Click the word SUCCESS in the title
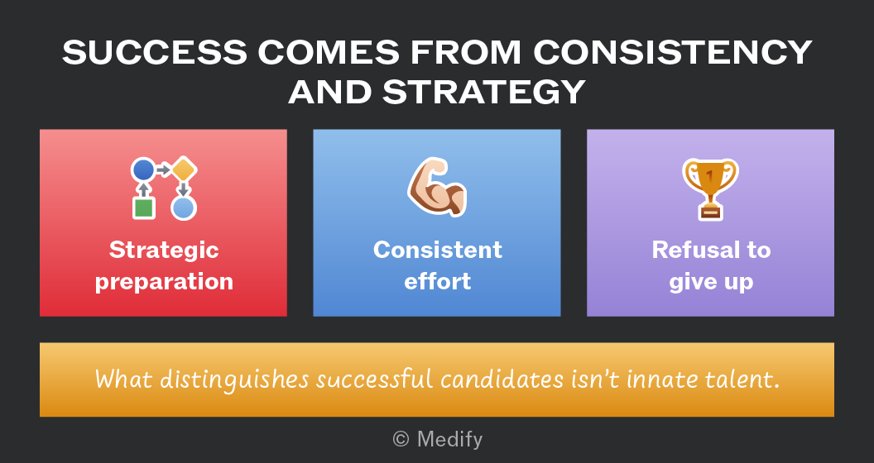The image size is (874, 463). [x=155, y=53]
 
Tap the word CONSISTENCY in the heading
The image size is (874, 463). [x=673, y=53]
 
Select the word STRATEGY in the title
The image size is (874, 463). [x=484, y=92]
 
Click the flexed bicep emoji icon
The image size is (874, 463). [x=437, y=187]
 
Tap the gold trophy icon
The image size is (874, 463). [x=710, y=189]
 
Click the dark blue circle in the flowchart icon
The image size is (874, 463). [x=143, y=169]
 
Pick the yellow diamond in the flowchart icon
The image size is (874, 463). [x=184, y=169]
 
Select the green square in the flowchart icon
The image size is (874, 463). [x=144, y=208]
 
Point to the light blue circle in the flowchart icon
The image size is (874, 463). [x=184, y=208]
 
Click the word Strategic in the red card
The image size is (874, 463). [x=164, y=250]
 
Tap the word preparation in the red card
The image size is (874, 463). [x=164, y=282]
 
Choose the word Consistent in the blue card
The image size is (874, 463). [x=438, y=250]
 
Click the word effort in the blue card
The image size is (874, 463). [x=438, y=281]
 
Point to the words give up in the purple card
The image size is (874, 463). [x=711, y=282]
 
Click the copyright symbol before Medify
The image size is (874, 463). [x=401, y=440]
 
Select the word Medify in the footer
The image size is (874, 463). [x=449, y=440]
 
